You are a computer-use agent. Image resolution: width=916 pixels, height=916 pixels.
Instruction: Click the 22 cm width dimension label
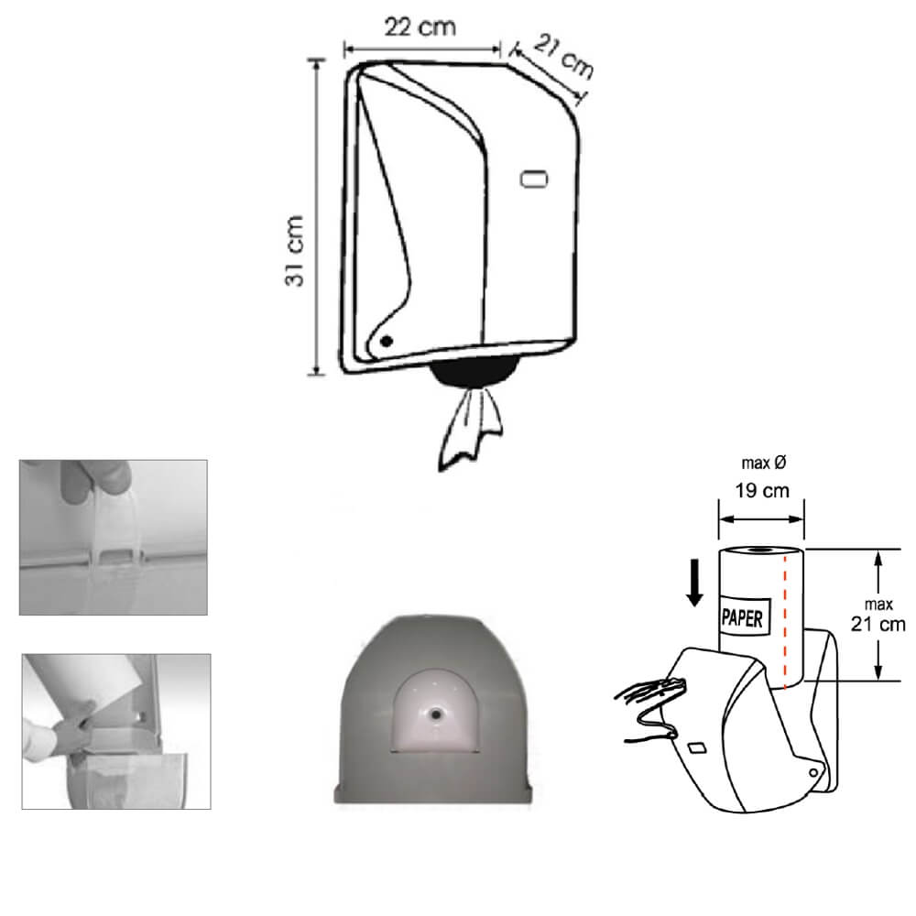click(x=420, y=27)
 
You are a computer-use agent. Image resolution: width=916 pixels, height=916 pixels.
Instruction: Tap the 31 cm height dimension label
click(x=294, y=251)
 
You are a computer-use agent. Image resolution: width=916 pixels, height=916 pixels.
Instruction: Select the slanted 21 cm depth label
click(x=563, y=57)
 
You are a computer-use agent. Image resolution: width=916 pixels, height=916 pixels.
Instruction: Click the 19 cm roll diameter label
click(x=762, y=491)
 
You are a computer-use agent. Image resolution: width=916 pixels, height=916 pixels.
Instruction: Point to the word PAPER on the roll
click(x=742, y=617)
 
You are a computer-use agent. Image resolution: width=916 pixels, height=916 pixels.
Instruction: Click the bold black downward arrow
click(x=694, y=583)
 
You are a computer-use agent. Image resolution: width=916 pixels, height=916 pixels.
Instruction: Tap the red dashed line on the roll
click(x=785, y=622)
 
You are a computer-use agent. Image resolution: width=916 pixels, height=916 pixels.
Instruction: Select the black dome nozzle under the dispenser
click(x=474, y=372)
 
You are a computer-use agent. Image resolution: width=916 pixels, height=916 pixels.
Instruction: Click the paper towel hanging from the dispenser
click(x=470, y=428)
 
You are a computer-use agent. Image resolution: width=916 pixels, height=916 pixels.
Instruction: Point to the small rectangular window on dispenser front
click(x=534, y=179)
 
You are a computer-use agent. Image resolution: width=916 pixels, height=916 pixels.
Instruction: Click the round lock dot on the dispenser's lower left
click(x=387, y=341)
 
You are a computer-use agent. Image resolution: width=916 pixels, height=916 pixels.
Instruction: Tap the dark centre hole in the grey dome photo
click(x=435, y=714)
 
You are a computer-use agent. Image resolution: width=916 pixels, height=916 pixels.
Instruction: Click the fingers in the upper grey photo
click(x=93, y=480)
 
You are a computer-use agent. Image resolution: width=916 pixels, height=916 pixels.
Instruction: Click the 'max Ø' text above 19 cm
click(x=763, y=463)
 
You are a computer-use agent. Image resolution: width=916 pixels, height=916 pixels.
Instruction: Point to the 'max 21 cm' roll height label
click(x=878, y=616)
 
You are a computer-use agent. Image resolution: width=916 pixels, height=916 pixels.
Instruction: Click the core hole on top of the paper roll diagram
click(x=759, y=551)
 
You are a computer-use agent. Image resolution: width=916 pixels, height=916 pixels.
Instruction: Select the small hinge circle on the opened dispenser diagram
click(x=813, y=773)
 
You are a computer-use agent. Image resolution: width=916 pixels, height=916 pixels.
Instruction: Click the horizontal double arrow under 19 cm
click(x=761, y=518)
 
